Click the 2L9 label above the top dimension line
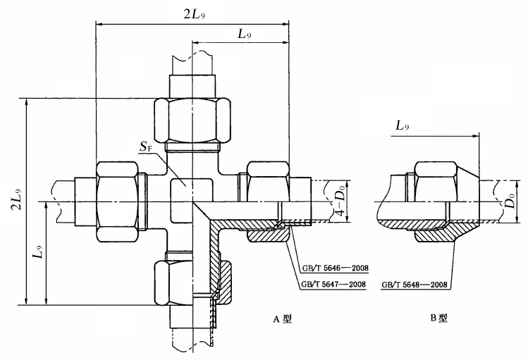pos(195,15)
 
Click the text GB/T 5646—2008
pos(335,268)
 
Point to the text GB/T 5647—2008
pos(333,285)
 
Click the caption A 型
pos(282,318)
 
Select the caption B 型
pos(438,318)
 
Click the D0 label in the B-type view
pos(510,201)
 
